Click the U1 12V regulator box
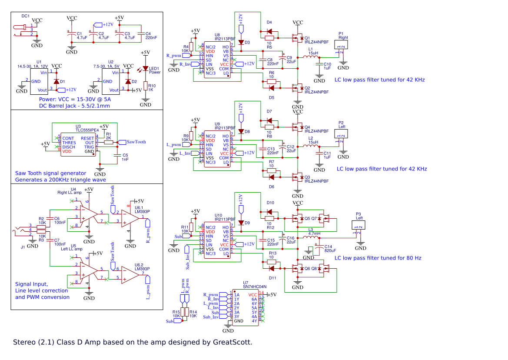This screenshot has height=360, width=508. (39, 81)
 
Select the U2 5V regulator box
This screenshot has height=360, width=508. (111, 81)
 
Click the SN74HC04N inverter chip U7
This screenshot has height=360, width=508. (246, 307)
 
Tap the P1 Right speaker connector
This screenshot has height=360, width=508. (341, 45)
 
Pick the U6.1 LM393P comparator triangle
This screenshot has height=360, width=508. (129, 217)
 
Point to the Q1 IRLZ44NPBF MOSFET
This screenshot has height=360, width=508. (297, 38)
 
